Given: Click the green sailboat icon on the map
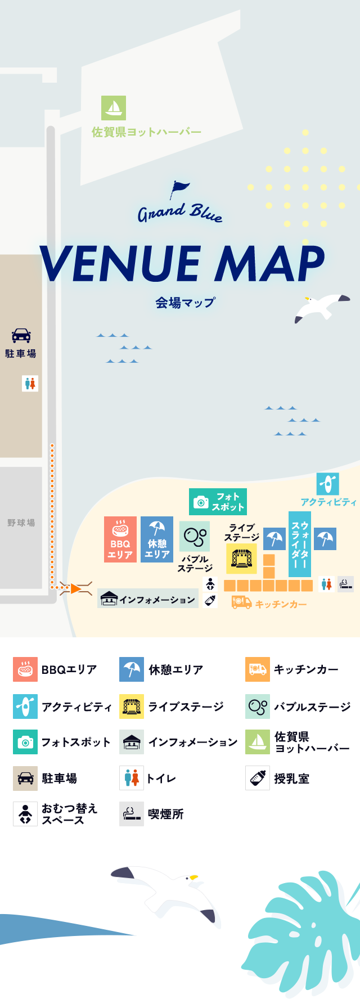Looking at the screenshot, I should (114, 107).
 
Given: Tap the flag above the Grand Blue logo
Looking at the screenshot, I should (180, 188).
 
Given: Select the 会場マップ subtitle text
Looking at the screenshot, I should (185, 303).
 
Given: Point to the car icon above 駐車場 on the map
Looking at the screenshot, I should (21, 336).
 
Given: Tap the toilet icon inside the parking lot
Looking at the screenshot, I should (30, 384).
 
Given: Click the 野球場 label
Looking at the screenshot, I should (21, 523).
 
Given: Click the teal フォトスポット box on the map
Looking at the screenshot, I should (218, 502).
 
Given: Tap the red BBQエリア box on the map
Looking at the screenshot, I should (120, 539).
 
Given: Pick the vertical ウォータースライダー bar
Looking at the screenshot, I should (299, 544).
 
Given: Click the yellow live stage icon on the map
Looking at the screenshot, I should (241, 559).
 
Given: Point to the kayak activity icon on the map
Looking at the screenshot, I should (327, 484).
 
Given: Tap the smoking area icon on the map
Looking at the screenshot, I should (345, 584).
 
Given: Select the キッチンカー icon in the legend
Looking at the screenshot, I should (257, 669).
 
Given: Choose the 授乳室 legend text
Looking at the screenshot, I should (291, 778).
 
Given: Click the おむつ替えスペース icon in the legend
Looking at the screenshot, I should (25, 814).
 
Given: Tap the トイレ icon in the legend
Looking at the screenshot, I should (131, 778).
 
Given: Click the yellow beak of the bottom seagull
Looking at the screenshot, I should (193, 877).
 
